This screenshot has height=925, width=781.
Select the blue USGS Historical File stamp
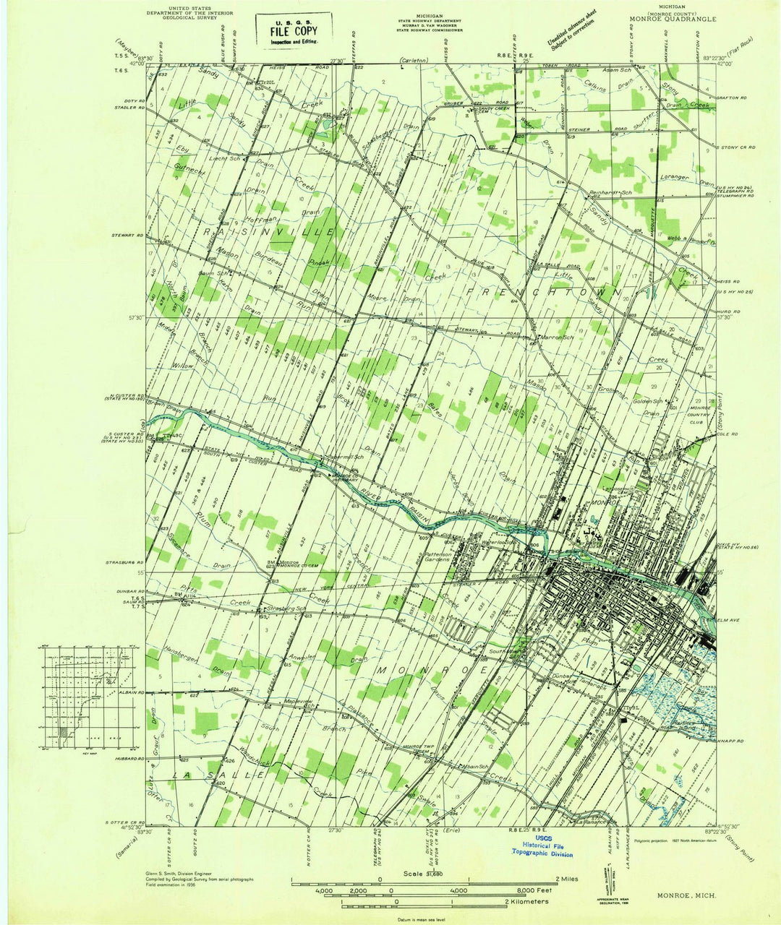click(x=552, y=846)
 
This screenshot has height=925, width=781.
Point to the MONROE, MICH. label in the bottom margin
click(x=687, y=895)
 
